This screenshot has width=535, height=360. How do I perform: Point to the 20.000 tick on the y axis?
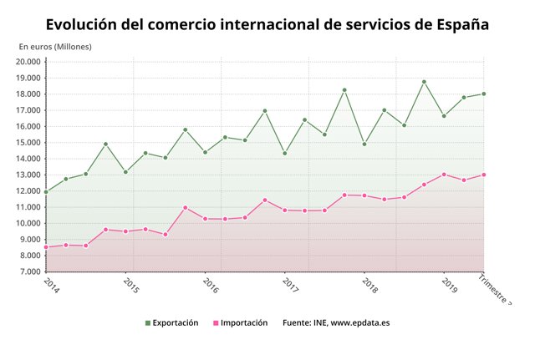(x=28, y=62)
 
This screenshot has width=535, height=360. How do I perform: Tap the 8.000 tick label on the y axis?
(x=28, y=256)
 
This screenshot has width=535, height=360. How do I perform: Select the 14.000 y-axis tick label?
(x=28, y=159)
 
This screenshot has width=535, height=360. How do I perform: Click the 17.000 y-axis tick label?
(x=28, y=110)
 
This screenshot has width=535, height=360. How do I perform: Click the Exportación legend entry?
(x=171, y=322)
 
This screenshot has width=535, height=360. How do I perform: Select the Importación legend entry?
(x=240, y=322)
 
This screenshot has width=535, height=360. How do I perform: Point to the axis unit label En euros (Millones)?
(x=55, y=46)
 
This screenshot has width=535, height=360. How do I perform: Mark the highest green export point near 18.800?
(x=424, y=82)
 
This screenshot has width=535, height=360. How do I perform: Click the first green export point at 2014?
(x=46, y=191)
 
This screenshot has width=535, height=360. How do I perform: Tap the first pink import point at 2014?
(x=46, y=247)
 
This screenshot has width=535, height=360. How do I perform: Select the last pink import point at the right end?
(x=483, y=175)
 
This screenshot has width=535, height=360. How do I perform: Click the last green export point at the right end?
(x=483, y=94)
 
